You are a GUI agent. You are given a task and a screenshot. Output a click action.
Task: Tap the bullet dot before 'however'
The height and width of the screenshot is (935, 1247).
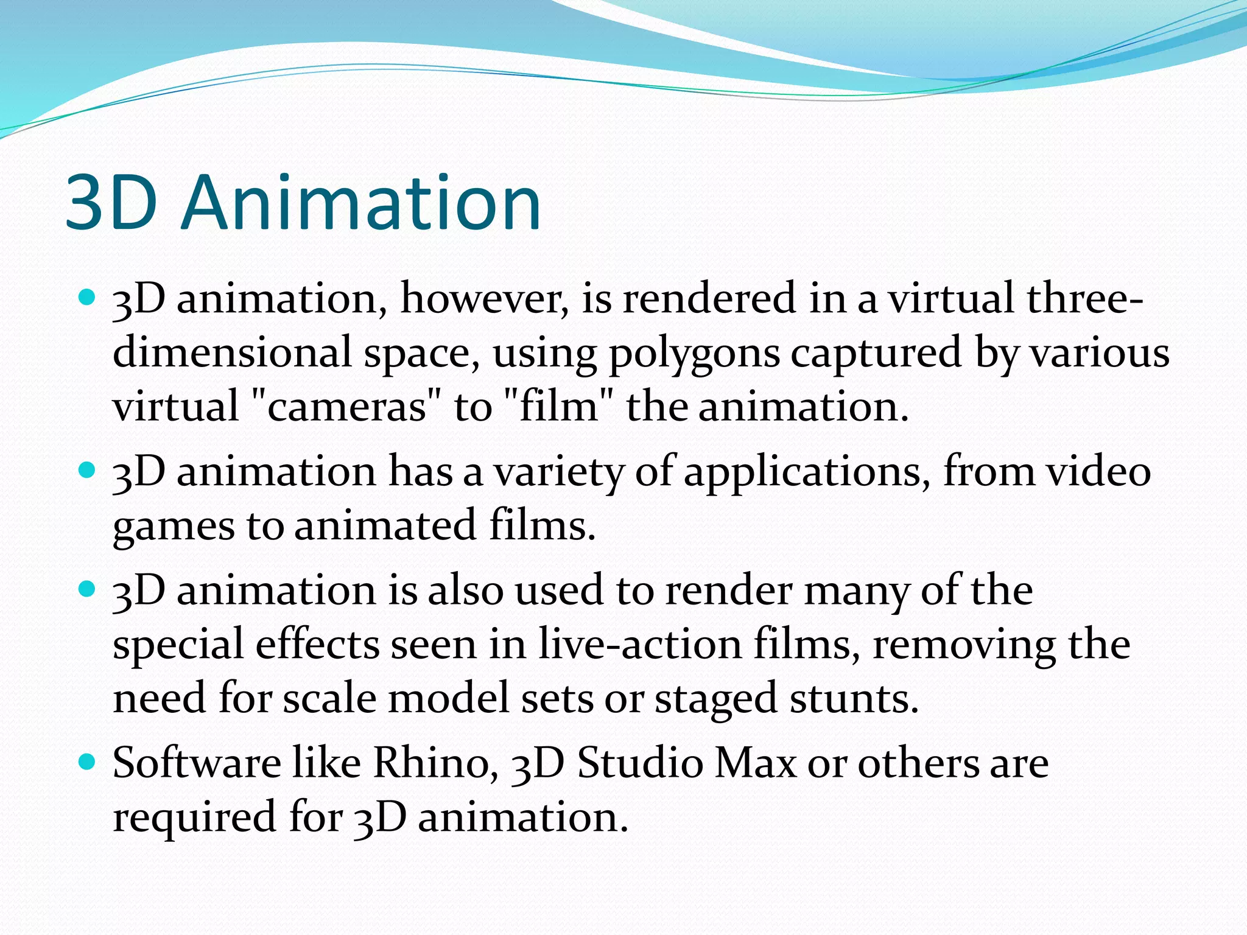coord(88,298)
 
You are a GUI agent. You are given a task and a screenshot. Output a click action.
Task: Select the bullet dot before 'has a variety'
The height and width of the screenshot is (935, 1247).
coord(88,471)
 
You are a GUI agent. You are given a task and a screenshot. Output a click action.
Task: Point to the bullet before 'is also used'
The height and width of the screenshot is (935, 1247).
coord(88,589)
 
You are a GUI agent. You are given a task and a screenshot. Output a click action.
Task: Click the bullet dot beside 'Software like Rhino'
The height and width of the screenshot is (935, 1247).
coord(88,762)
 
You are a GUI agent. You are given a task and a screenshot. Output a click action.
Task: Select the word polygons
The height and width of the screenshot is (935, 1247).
coord(694,354)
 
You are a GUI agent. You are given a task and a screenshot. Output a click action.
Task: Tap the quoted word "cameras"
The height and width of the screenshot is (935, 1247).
coord(345,407)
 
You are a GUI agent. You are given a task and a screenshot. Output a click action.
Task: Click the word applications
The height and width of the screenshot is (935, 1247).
coord(806,473)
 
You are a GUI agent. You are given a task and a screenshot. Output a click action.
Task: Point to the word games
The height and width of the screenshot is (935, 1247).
coord(173,527)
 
